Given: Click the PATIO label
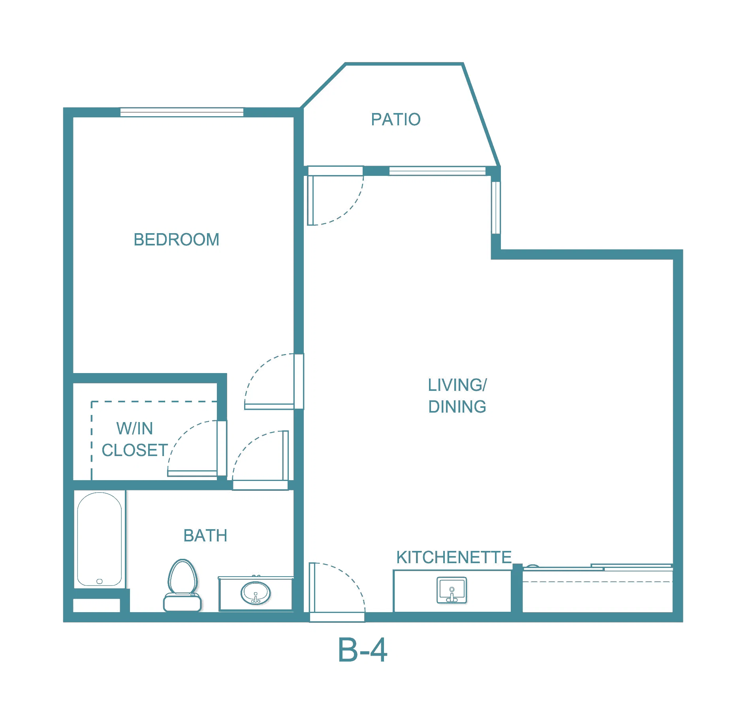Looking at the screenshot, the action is coord(395,119).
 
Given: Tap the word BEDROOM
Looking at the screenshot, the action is coord(176,239).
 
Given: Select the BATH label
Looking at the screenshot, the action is coord(205,536).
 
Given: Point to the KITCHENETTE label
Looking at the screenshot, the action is coord(454,557).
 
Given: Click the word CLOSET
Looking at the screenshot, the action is coord(135,450).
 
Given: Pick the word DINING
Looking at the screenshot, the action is coord(457,407).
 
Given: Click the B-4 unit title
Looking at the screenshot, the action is coord(363,650).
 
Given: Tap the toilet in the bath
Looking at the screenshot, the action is coord(183,585).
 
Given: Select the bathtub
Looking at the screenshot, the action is coord(100,539).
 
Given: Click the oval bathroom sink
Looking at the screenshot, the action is coord(256,593).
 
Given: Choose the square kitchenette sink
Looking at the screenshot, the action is coord(452,590).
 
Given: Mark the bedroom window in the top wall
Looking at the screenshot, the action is coord(182,112).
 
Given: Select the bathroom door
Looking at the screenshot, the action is coord(285,455).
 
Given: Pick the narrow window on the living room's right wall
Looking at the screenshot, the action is coord(496,207).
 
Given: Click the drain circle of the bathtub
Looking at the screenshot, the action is coord(100,581).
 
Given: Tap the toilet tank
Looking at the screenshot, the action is coord(183,602).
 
